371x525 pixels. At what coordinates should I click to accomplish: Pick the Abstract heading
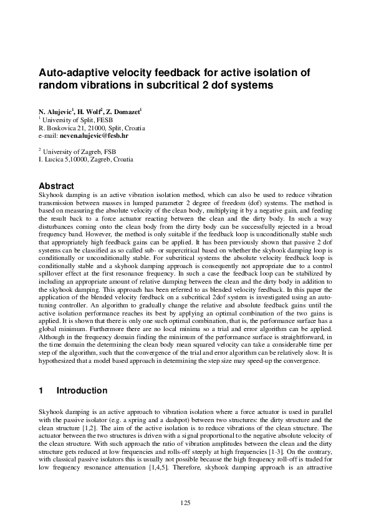coord(56,186)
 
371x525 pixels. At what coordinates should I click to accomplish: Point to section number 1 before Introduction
coord(41,391)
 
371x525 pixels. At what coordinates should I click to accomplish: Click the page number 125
coord(185,502)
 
